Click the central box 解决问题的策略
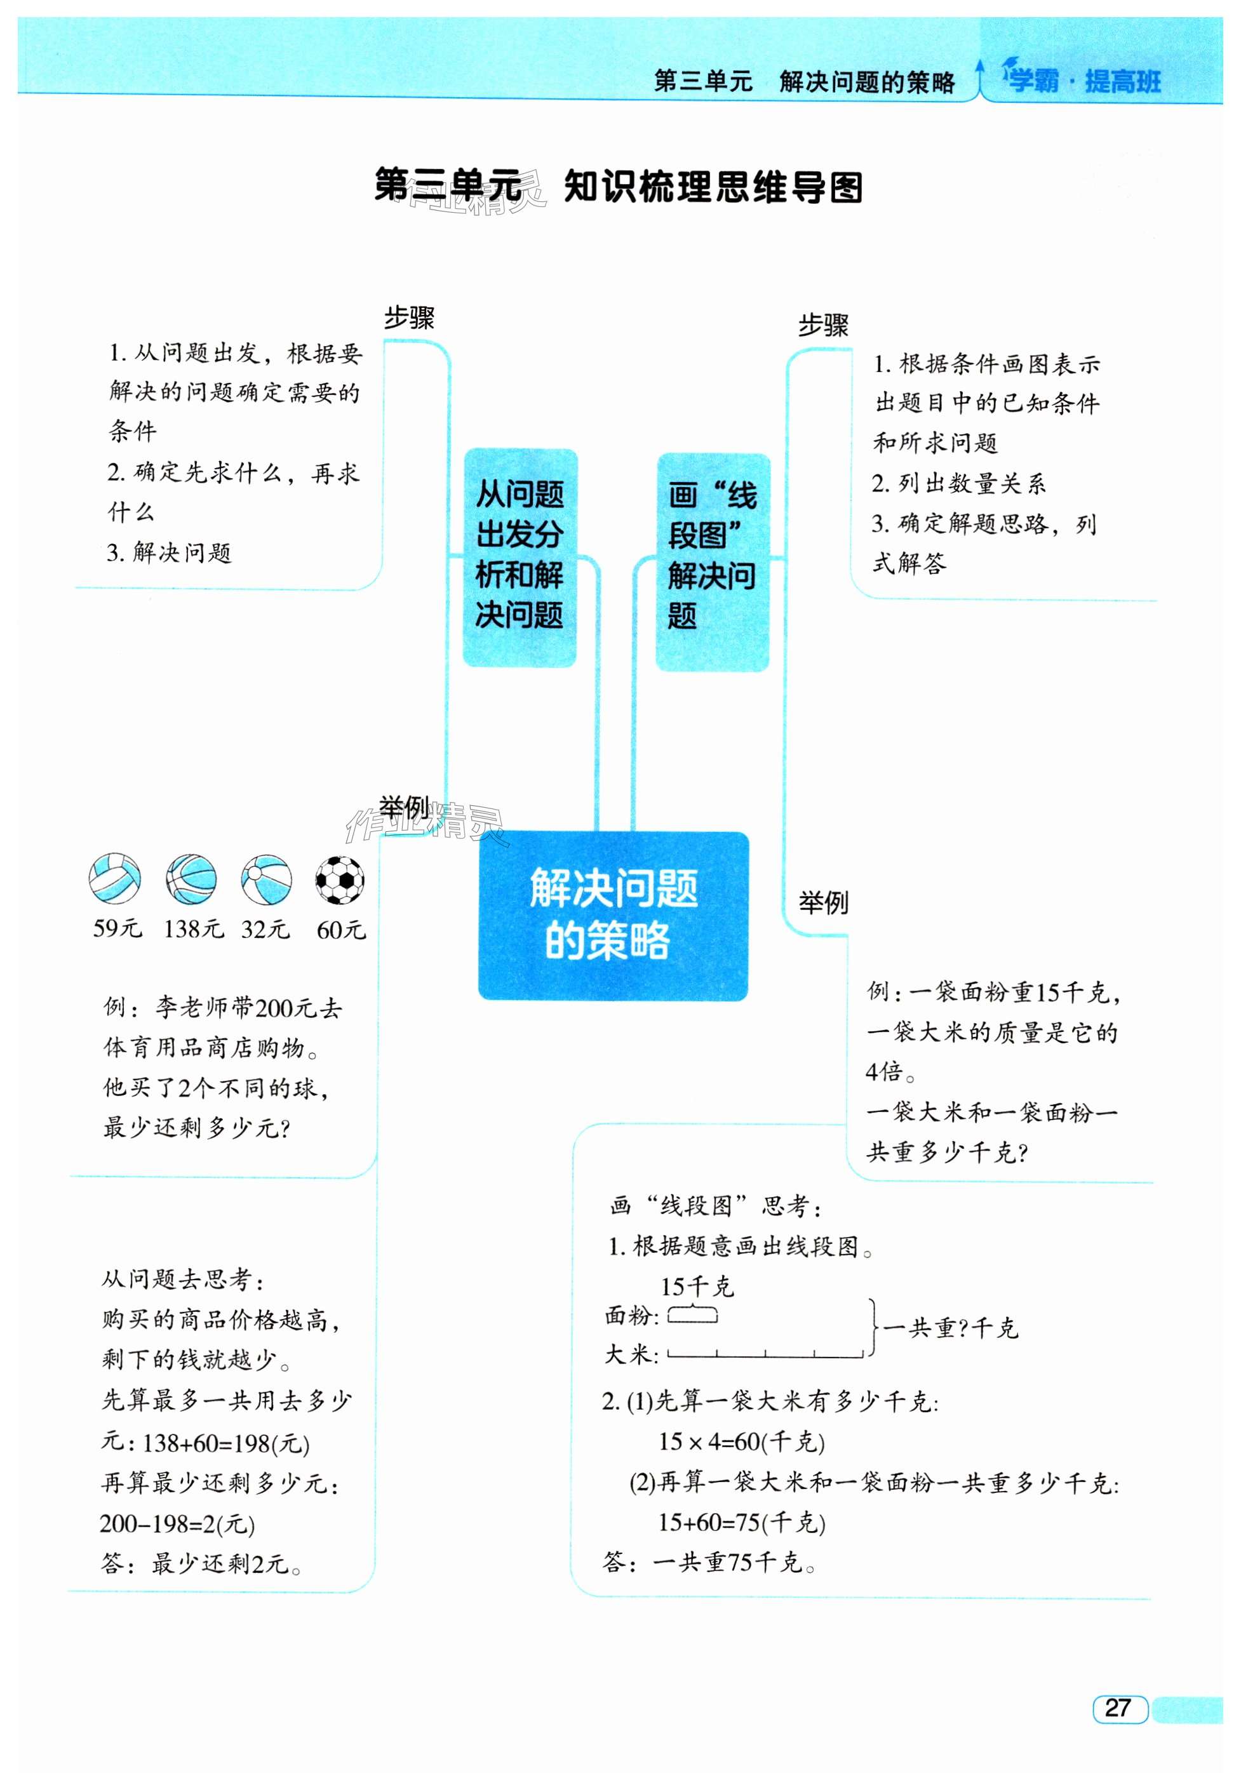pos(613,916)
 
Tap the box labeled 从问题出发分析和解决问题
pos(520,557)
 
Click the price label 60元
pos(340,930)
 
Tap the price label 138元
pos(193,929)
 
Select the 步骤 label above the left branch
pos(409,318)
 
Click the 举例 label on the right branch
pos(824,902)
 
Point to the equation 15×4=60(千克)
pos(741,1441)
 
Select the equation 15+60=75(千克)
pos(741,1521)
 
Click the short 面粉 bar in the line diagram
pos(692,1316)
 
